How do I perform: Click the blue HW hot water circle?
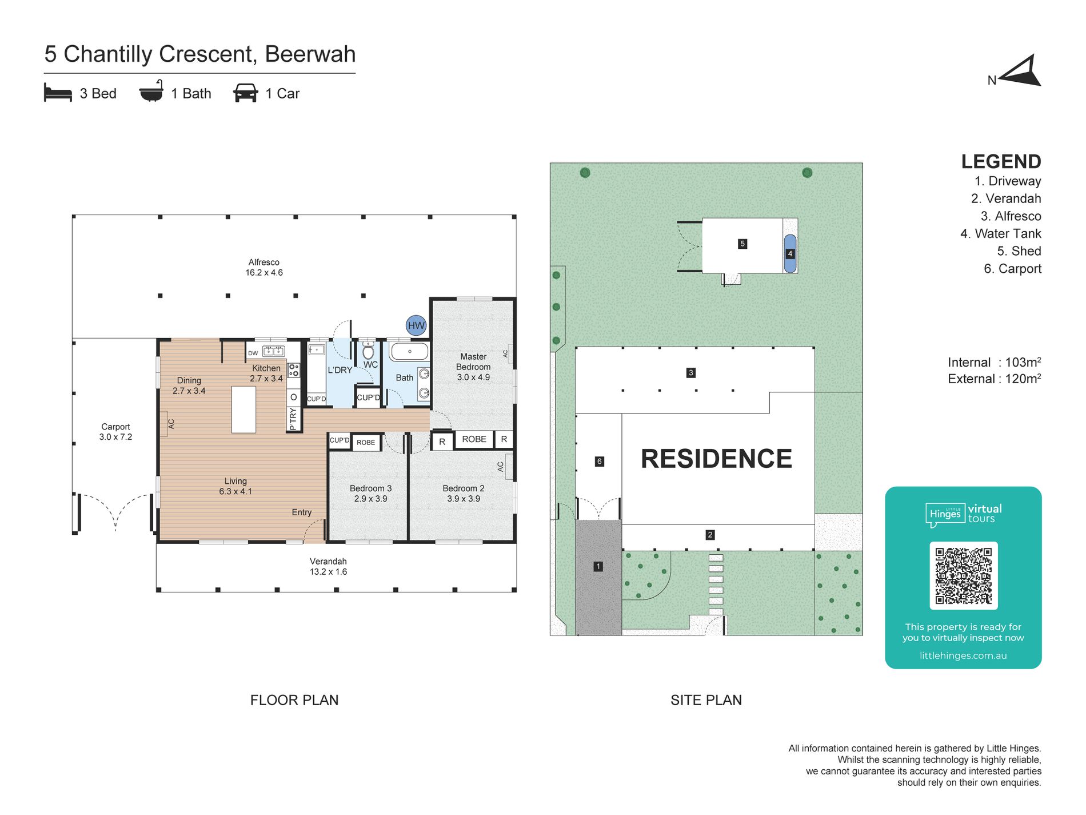[416, 325]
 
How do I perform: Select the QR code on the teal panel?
[963, 575]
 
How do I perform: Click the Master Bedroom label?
[473, 367]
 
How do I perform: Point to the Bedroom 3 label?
[370, 494]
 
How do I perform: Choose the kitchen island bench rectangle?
[243, 410]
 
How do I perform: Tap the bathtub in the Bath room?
[409, 351]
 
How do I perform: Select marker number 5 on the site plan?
[742, 244]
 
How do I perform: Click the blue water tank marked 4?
[790, 253]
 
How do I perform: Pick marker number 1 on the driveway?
[598, 566]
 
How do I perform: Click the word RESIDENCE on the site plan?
[716, 459]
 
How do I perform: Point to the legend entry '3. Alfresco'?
[1011, 216]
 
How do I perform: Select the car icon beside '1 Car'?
[246, 93]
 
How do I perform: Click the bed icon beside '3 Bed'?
[58, 93]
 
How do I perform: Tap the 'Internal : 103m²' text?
[994, 362]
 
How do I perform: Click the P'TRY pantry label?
[293, 419]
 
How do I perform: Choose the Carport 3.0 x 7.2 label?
[115, 432]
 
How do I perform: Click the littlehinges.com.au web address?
[963, 655]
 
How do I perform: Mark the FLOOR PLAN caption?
[294, 700]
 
